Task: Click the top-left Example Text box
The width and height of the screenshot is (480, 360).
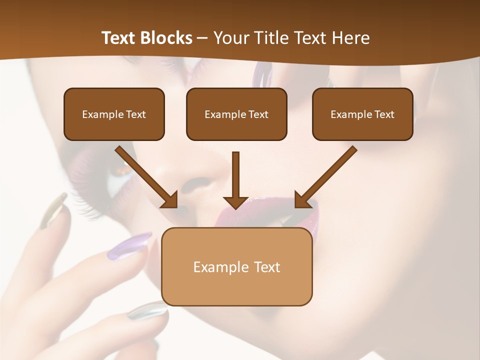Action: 114,114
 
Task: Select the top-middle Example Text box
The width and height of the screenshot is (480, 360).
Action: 236,114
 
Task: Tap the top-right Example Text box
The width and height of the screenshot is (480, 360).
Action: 362,114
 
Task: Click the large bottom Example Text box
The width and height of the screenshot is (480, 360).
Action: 236,266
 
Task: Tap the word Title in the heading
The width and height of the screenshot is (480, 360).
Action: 270,38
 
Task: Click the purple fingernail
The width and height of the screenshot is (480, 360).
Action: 129,246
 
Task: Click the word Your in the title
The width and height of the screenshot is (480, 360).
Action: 230,38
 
